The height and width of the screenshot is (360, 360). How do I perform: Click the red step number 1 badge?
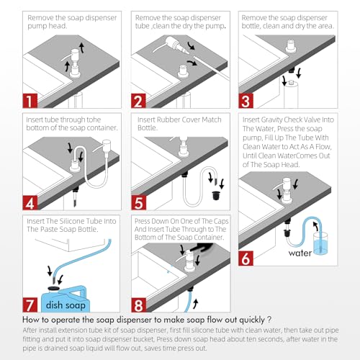[30, 101]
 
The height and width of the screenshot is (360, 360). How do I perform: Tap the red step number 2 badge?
[138, 101]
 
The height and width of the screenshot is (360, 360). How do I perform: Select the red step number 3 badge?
[246, 101]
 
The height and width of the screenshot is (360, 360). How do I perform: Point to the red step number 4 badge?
[30, 203]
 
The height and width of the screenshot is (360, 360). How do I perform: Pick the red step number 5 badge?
[138, 203]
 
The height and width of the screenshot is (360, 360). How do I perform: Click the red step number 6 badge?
[246, 258]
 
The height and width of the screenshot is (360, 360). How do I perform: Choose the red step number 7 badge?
[30, 305]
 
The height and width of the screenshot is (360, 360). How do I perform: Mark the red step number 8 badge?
[138, 305]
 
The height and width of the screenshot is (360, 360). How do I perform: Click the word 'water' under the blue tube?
[300, 253]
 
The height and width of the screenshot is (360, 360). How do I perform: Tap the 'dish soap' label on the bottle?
[66, 305]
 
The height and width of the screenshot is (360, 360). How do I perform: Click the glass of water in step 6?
[320, 243]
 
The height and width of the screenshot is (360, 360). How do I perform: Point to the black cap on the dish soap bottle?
[54, 288]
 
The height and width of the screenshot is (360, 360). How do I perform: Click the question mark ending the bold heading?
[269, 320]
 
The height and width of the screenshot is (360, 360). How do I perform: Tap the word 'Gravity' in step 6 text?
[274, 120]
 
